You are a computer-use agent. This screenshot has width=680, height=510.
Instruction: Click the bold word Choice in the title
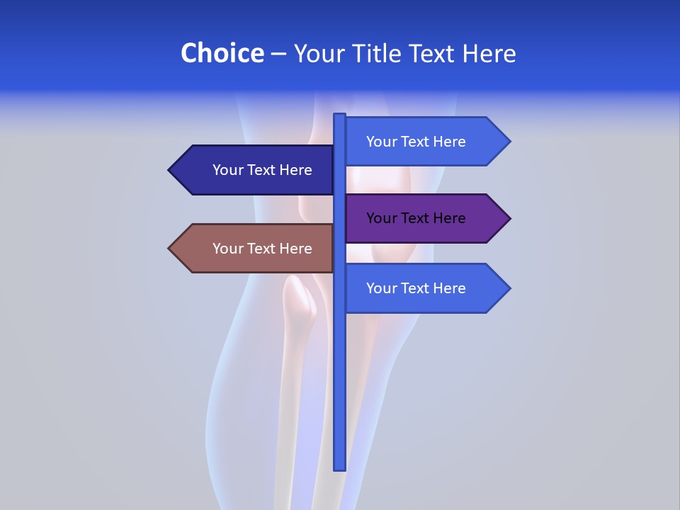click(222, 53)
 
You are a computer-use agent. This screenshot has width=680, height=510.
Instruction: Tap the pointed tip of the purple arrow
click(509, 218)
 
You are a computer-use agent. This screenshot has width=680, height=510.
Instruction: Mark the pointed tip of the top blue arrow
click(509, 142)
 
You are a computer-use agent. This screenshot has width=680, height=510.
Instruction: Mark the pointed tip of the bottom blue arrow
click(509, 288)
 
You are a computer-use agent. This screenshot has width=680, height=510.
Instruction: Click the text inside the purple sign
click(416, 218)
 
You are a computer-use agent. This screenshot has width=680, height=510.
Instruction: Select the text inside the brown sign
click(262, 249)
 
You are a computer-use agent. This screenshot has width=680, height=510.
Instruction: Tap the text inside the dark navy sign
click(262, 170)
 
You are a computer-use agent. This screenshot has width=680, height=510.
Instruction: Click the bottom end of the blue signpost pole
click(339, 467)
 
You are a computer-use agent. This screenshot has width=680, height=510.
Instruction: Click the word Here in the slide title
click(489, 53)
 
